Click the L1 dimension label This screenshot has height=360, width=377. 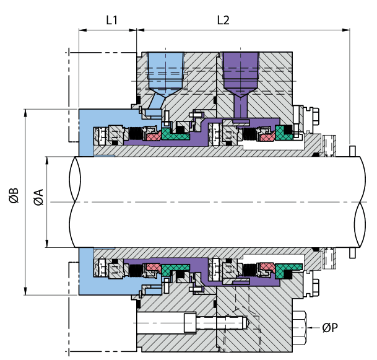point(111,20)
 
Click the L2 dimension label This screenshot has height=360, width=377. point(223,20)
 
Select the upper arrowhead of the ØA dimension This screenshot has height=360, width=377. point(48,159)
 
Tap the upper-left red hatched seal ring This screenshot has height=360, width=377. point(151,134)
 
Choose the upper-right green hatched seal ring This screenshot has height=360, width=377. point(285,132)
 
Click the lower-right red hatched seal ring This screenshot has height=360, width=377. point(267,266)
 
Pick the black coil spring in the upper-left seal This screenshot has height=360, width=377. point(132,133)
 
